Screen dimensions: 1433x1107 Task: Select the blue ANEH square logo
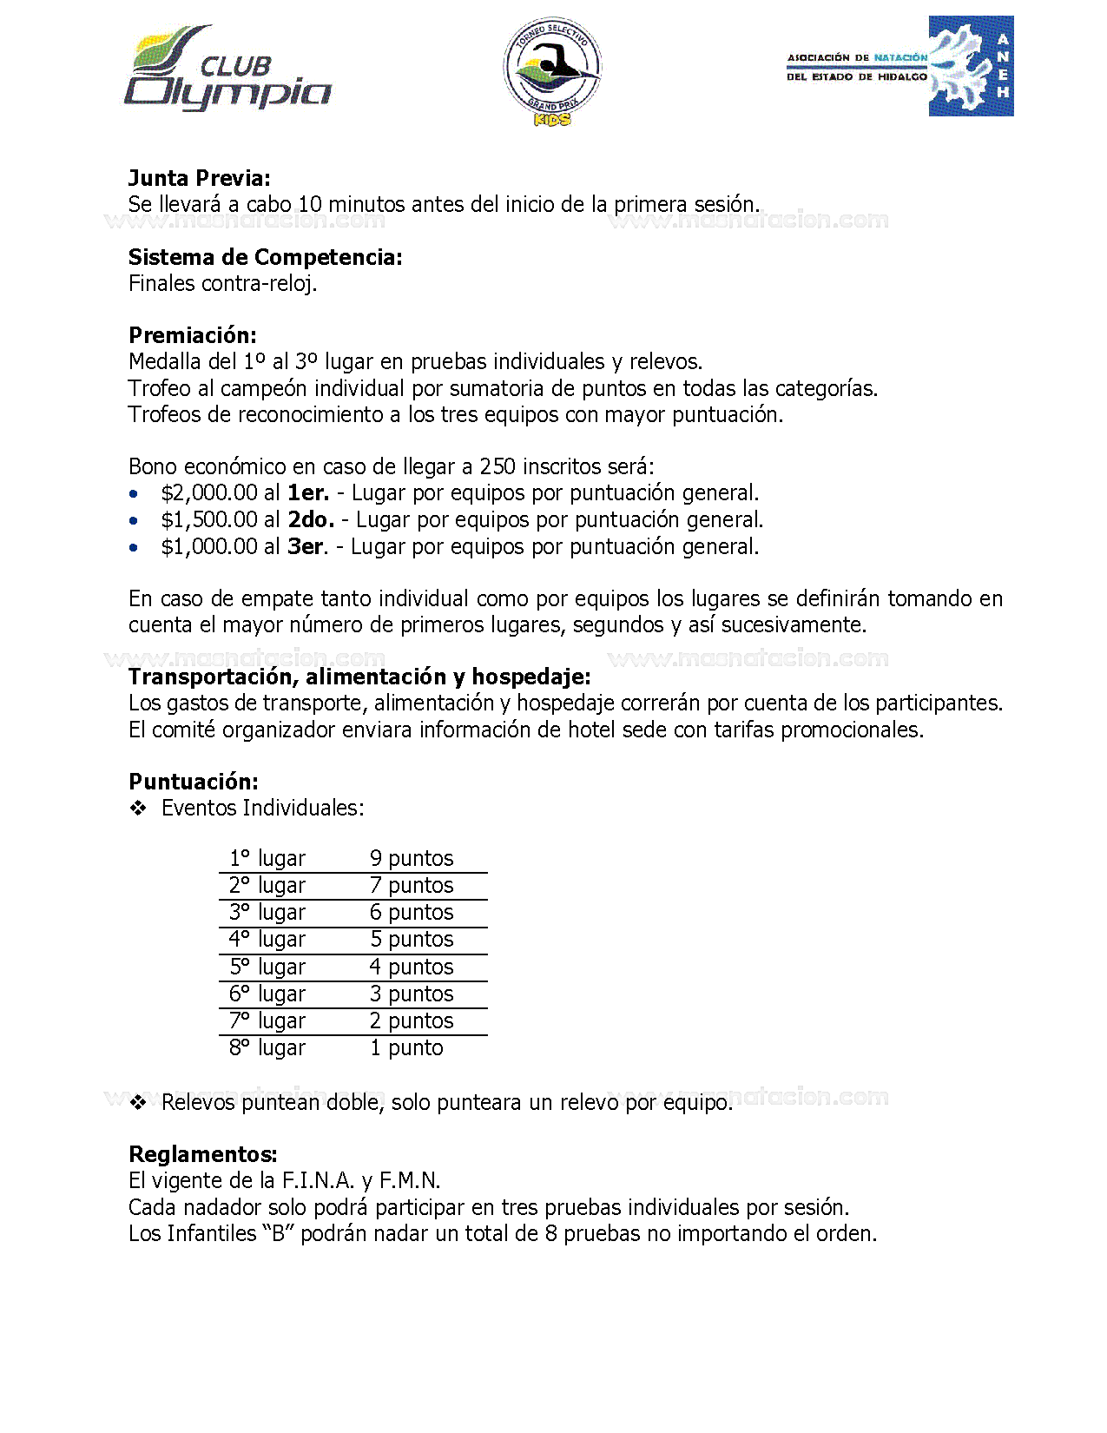click(971, 66)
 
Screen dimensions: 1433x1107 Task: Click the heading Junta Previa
click(200, 178)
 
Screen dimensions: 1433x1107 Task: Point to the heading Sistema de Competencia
click(266, 257)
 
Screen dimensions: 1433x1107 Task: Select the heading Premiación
click(193, 335)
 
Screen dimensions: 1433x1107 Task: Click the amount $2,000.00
click(209, 493)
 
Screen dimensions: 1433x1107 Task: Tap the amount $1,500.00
click(209, 520)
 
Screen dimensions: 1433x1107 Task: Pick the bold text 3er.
click(306, 547)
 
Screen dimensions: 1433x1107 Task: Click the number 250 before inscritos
click(497, 467)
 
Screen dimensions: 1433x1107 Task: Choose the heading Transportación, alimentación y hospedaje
click(359, 677)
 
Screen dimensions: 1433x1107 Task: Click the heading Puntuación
click(194, 782)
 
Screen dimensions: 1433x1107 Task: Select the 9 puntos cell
click(412, 858)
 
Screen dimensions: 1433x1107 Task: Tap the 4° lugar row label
click(267, 939)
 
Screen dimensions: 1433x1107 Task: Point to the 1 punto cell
click(406, 1048)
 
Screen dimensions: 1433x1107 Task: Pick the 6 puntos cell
click(412, 912)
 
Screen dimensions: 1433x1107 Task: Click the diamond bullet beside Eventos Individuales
click(138, 809)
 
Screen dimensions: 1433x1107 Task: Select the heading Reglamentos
click(203, 1154)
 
